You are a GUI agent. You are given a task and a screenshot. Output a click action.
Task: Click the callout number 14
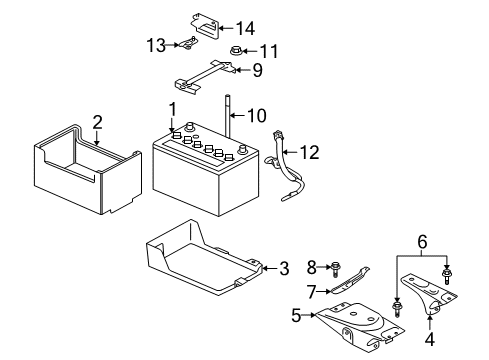click(x=245, y=28)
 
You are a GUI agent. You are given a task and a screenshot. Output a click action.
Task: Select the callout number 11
click(x=267, y=50)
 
